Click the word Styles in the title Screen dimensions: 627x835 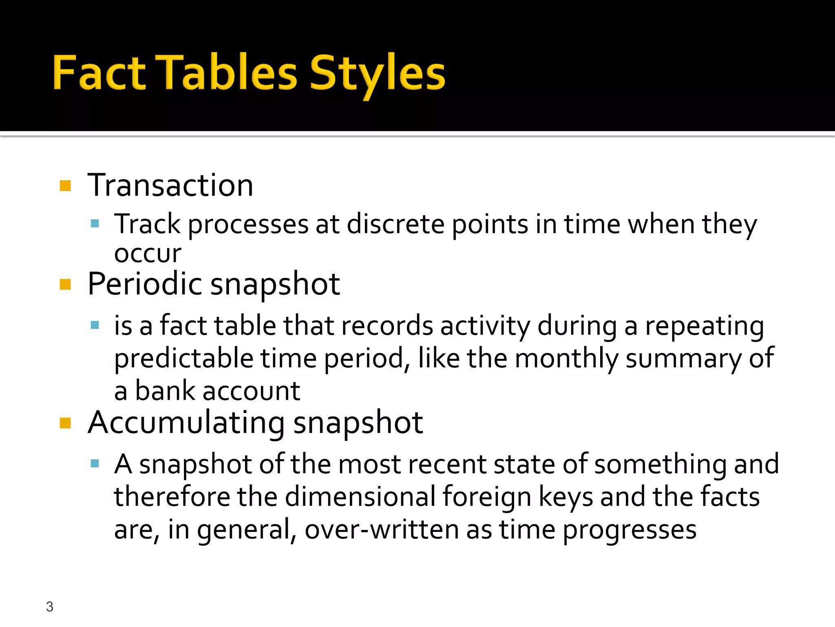[x=377, y=73]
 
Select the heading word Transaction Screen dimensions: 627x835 [x=170, y=186]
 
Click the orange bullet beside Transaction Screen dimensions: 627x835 [x=65, y=186]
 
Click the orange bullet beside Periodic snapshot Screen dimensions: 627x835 [x=65, y=284]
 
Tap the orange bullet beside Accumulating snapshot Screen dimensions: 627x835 [x=65, y=423]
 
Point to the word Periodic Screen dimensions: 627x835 [x=145, y=284]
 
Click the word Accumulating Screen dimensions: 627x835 [x=186, y=423]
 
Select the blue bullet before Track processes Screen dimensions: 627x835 [x=95, y=223]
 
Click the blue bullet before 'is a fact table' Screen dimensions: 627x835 [x=95, y=325]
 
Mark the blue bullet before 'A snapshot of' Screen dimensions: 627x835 [x=95, y=463]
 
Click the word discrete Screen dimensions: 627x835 [x=395, y=224]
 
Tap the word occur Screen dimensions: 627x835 [x=148, y=254]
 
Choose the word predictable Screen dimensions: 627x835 [x=184, y=358]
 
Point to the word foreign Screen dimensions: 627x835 [x=487, y=497]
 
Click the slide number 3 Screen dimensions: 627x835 [x=50, y=607]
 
